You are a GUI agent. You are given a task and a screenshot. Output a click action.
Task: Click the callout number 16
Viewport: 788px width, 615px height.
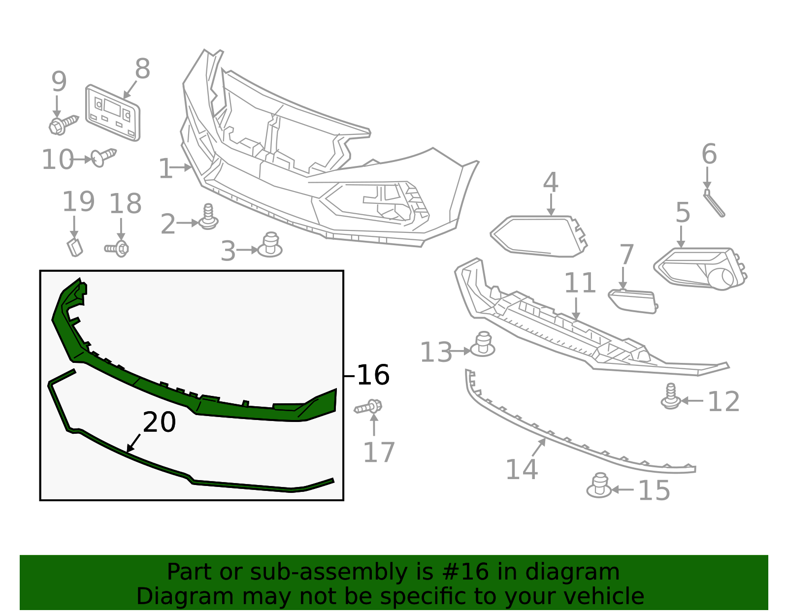point(373,375)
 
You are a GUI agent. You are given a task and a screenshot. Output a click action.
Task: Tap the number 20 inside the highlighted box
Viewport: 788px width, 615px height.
point(159,422)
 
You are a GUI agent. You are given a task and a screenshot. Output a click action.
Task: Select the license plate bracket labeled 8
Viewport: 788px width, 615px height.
point(113,113)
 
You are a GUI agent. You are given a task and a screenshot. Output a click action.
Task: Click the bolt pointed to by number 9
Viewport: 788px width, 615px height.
point(62,124)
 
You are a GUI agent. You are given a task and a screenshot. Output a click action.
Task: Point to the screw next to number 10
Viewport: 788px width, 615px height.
point(103,157)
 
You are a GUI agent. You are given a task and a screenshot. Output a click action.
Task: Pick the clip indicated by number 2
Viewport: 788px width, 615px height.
point(208,218)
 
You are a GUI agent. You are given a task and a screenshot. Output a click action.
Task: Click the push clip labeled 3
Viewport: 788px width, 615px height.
point(270,246)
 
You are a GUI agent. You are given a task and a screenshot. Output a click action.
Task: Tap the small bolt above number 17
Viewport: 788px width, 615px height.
point(369,407)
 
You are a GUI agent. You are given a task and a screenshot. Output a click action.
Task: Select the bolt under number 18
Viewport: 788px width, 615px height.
point(118,248)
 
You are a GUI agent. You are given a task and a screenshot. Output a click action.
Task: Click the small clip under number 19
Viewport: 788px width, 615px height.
point(75,247)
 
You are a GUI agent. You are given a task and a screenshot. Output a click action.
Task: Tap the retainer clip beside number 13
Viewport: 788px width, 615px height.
point(483,345)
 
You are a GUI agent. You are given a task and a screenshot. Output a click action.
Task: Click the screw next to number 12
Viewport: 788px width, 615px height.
point(671,397)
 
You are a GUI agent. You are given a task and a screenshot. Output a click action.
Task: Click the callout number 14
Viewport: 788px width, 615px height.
point(522,469)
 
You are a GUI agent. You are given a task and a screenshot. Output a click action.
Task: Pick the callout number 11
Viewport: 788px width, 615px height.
point(580,283)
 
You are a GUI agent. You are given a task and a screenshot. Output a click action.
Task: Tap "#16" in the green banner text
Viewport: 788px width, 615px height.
point(465,572)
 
